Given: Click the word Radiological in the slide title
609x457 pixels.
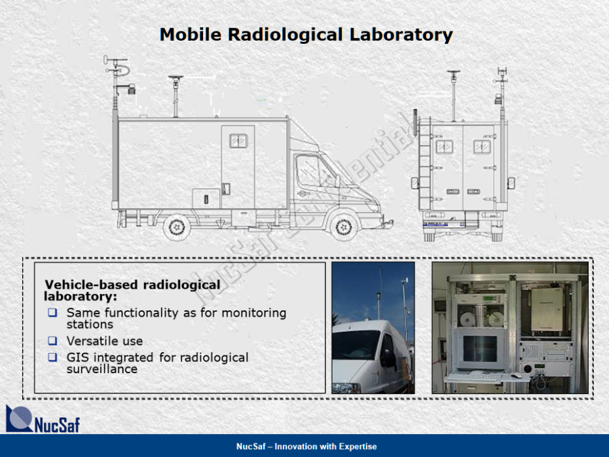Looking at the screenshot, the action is point(286,35).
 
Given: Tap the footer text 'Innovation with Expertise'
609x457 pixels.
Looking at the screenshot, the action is point(325,447).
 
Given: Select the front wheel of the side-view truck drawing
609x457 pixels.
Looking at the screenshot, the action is point(343,227).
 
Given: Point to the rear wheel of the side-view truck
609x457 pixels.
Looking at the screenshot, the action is point(177,227).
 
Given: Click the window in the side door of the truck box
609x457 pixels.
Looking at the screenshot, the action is point(238,141).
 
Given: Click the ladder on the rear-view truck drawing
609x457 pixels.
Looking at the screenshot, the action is point(424,163).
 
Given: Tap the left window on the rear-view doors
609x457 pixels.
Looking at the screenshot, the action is point(445,147).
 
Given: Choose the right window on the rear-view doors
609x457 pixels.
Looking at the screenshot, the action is point(482,147).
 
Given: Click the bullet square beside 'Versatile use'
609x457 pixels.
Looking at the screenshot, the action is point(52,341).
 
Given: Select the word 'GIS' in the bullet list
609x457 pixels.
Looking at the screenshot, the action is point(77,357).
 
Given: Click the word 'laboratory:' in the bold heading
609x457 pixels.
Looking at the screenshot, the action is point(81,297).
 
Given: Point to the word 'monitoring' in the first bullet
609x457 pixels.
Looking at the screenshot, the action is point(253,313).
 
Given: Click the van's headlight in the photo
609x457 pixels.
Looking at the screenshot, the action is point(346,388).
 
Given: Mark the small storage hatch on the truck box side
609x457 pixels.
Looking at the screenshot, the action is point(206,198).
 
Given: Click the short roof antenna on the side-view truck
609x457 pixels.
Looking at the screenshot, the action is point(175,96).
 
